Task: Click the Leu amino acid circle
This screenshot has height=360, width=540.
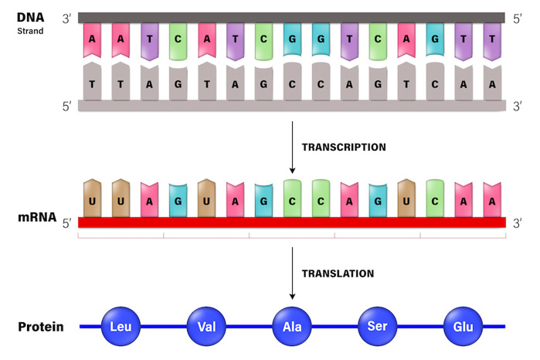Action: point(121,326)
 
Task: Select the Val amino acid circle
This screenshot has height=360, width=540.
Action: point(206,326)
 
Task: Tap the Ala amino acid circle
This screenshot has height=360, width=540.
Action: point(292,326)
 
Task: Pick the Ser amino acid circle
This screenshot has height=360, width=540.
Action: point(378,326)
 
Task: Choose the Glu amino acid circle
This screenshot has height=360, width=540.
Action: point(463,326)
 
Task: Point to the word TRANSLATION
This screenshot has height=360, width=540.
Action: point(338,273)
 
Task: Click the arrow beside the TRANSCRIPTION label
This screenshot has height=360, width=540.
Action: point(292,151)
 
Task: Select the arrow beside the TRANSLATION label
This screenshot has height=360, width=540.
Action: point(292,277)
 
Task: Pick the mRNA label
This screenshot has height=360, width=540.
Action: point(36,218)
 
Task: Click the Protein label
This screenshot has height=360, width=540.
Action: point(41,327)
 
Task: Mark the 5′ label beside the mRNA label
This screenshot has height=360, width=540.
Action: point(67,224)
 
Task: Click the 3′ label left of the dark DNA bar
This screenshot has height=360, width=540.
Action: point(67,17)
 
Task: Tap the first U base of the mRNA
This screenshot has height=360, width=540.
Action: point(93,199)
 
